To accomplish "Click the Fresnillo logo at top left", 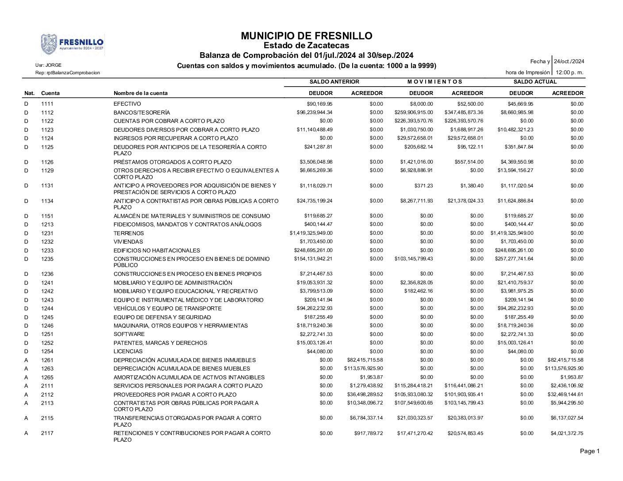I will tap(73, 45).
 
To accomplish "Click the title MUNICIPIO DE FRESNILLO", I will tap(307, 36).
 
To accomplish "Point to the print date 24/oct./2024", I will tap(569, 61).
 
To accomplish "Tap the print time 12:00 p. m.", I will tap(569, 73).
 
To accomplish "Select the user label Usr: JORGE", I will tap(49, 65).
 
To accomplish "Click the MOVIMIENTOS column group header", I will tap(435, 82).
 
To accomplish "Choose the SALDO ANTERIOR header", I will tap(334, 82).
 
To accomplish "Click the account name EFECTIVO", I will tap(127, 104).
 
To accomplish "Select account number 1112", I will tap(47, 113).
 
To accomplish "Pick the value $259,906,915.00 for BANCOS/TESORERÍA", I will tap(414, 112).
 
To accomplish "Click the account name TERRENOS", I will tap(128, 233).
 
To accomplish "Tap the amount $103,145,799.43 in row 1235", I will tap(414, 259).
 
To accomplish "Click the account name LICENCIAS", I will tap(128, 351).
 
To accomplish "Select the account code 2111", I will tap(47, 386).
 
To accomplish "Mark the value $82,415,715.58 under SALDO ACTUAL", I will tap(564, 360).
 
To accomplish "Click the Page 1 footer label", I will tap(590, 451).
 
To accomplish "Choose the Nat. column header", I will tap(29, 93).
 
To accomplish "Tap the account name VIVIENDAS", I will tap(128, 242).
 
